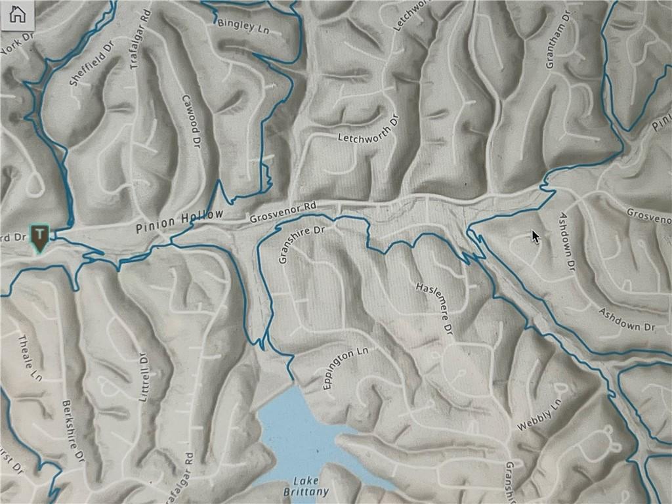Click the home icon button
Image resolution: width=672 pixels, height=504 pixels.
coord(18,14)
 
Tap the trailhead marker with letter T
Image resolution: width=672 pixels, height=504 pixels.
coord(40,236)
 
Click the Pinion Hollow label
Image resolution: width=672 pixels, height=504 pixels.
coord(179,222)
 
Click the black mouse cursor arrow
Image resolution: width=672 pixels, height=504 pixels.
coord(535,236)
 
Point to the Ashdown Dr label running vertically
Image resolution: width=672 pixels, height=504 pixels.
coord(568,241)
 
